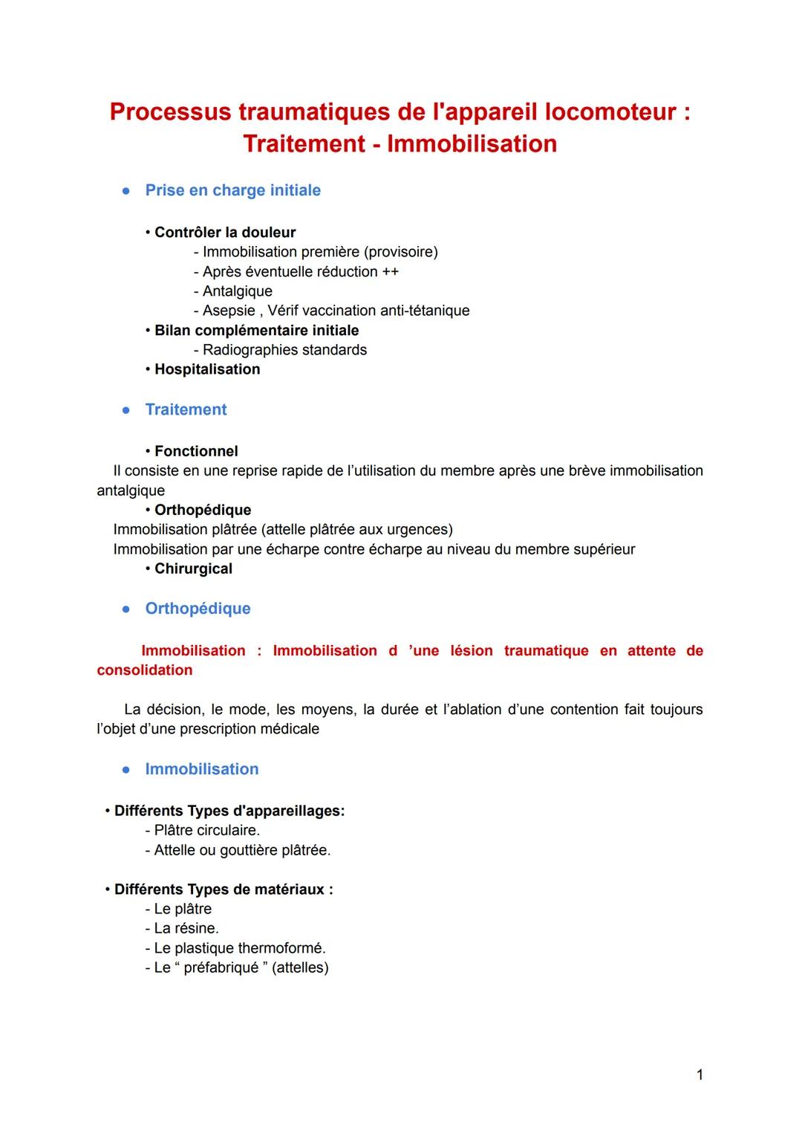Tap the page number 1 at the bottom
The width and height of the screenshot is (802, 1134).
click(x=700, y=1075)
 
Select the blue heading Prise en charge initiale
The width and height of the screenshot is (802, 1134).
click(x=232, y=190)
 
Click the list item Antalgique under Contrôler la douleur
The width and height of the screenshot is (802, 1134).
click(x=237, y=291)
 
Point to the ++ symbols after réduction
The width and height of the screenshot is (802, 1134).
click(x=391, y=272)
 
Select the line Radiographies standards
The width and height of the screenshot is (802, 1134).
click(x=284, y=350)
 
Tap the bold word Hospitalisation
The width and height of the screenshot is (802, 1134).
click(x=207, y=369)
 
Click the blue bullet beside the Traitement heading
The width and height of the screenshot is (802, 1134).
click(x=127, y=410)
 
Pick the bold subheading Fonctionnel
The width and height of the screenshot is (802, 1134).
click(x=196, y=451)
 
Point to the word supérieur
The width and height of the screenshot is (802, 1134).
click(x=604, y=549)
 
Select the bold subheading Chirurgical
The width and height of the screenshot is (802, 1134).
click(x=193, y=568)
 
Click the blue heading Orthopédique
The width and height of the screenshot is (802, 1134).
click(x=198, y=609)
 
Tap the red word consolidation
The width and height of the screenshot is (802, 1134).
click(x=145, y=670)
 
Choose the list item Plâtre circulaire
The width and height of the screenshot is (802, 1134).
click(x=206, y=830)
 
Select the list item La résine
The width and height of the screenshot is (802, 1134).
click(x=186, y=928)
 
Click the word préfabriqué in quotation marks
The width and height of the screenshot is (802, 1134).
click(x=221, y=968)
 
